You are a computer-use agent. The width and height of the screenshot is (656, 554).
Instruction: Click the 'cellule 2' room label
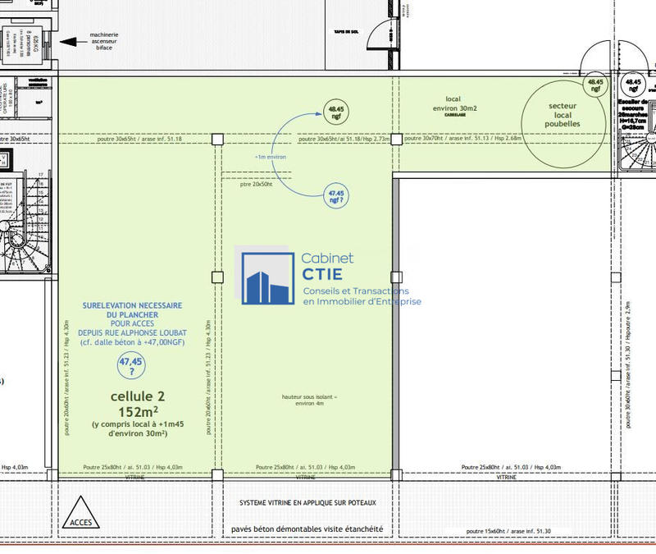tap(131, 396)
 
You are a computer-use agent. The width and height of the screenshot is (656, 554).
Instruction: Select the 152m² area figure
tap(131, 411)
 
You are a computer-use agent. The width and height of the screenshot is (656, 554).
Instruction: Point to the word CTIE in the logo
tap(323, 274)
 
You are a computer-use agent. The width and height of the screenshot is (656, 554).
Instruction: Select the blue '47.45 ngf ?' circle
tap(335, 196)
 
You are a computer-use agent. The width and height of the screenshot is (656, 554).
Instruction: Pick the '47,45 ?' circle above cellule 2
tap(131, 364)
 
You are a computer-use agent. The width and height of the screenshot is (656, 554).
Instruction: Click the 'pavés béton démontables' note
tap(307, 529)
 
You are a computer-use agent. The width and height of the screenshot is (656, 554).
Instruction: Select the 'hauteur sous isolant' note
tap(309, 401)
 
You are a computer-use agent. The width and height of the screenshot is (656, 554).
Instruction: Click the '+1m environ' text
tap(271, 156)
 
